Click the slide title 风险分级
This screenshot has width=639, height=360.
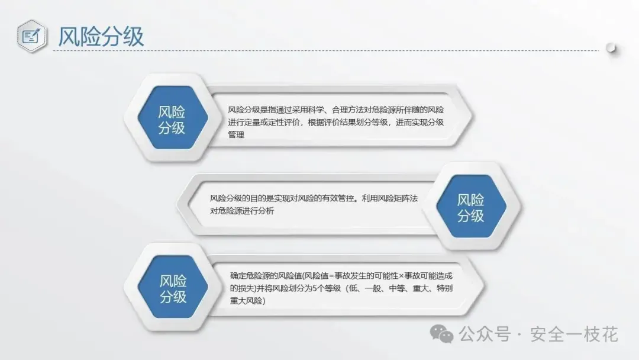pos(101,37)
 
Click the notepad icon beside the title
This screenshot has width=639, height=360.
pos(31,36)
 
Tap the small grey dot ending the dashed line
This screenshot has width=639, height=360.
pos(611,48)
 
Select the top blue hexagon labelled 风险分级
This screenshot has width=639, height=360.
pos(173,117)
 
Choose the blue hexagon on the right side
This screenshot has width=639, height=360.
pos(471,206)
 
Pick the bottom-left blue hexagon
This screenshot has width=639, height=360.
pos(173,287)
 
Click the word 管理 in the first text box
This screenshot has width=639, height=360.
pos(236,134)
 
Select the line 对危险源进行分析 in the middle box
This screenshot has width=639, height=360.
pos(242,211)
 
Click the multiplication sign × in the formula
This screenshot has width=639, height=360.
pos(401,276)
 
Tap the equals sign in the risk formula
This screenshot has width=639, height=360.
pos(332,276)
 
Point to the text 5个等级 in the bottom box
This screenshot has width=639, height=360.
pos(327,288)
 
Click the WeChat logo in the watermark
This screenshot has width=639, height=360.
pos(442,335)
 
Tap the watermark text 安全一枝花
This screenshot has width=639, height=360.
pos(574,335)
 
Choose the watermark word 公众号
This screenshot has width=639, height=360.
pos(485,335)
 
